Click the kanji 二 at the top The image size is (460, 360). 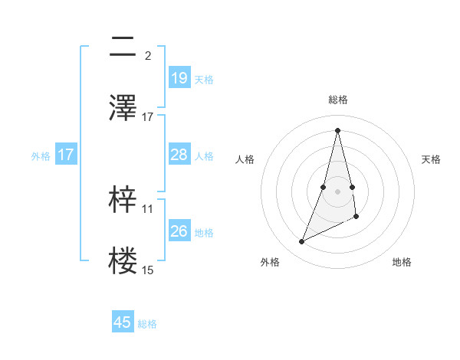(x=123, y=47)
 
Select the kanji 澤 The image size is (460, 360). (x=123, y=108)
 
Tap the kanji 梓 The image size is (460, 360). (x=123, y=200)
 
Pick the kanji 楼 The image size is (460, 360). (x=123, y=261)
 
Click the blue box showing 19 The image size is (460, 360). (x=179, y=78)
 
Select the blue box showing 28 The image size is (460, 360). (x=179, y=155)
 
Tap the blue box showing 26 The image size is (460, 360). (x=179, y=231)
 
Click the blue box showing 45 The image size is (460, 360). (x=123, y=322)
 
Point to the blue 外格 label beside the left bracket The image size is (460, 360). (x=41, y=155)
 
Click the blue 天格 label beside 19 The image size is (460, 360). (x=204, y=79)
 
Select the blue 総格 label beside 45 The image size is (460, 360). (x=147, y=323)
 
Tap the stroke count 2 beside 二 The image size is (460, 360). (x=147, y=55)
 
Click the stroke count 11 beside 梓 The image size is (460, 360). (x=148, y=208)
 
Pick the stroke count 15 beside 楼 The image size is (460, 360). (x=148, y=270)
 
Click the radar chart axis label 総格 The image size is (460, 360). (x=338, y=100)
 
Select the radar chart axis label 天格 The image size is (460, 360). (x=432, y=159)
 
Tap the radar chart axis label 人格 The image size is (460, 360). (x=245, y=159)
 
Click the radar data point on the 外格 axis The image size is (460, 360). (x=301, y=242)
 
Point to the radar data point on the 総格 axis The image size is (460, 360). (x=338, y=129)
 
